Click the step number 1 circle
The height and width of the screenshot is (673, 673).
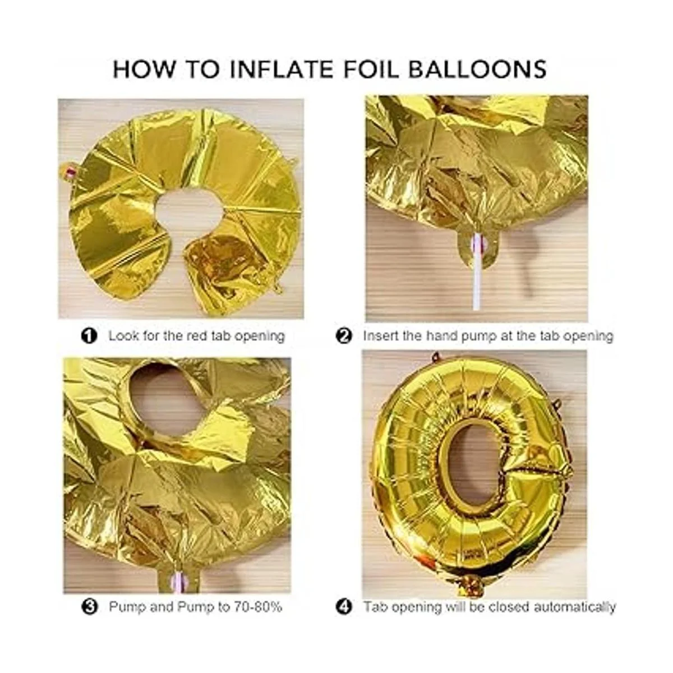tap(89, 336)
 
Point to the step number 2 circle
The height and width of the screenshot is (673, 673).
tap(344, 336)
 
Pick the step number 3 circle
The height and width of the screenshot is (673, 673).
tap(89, 607)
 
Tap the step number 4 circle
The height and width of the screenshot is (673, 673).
tap(344, 607)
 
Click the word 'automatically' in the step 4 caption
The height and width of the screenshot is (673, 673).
tap(575, 608)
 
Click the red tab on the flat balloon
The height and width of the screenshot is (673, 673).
tap(71, 171)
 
